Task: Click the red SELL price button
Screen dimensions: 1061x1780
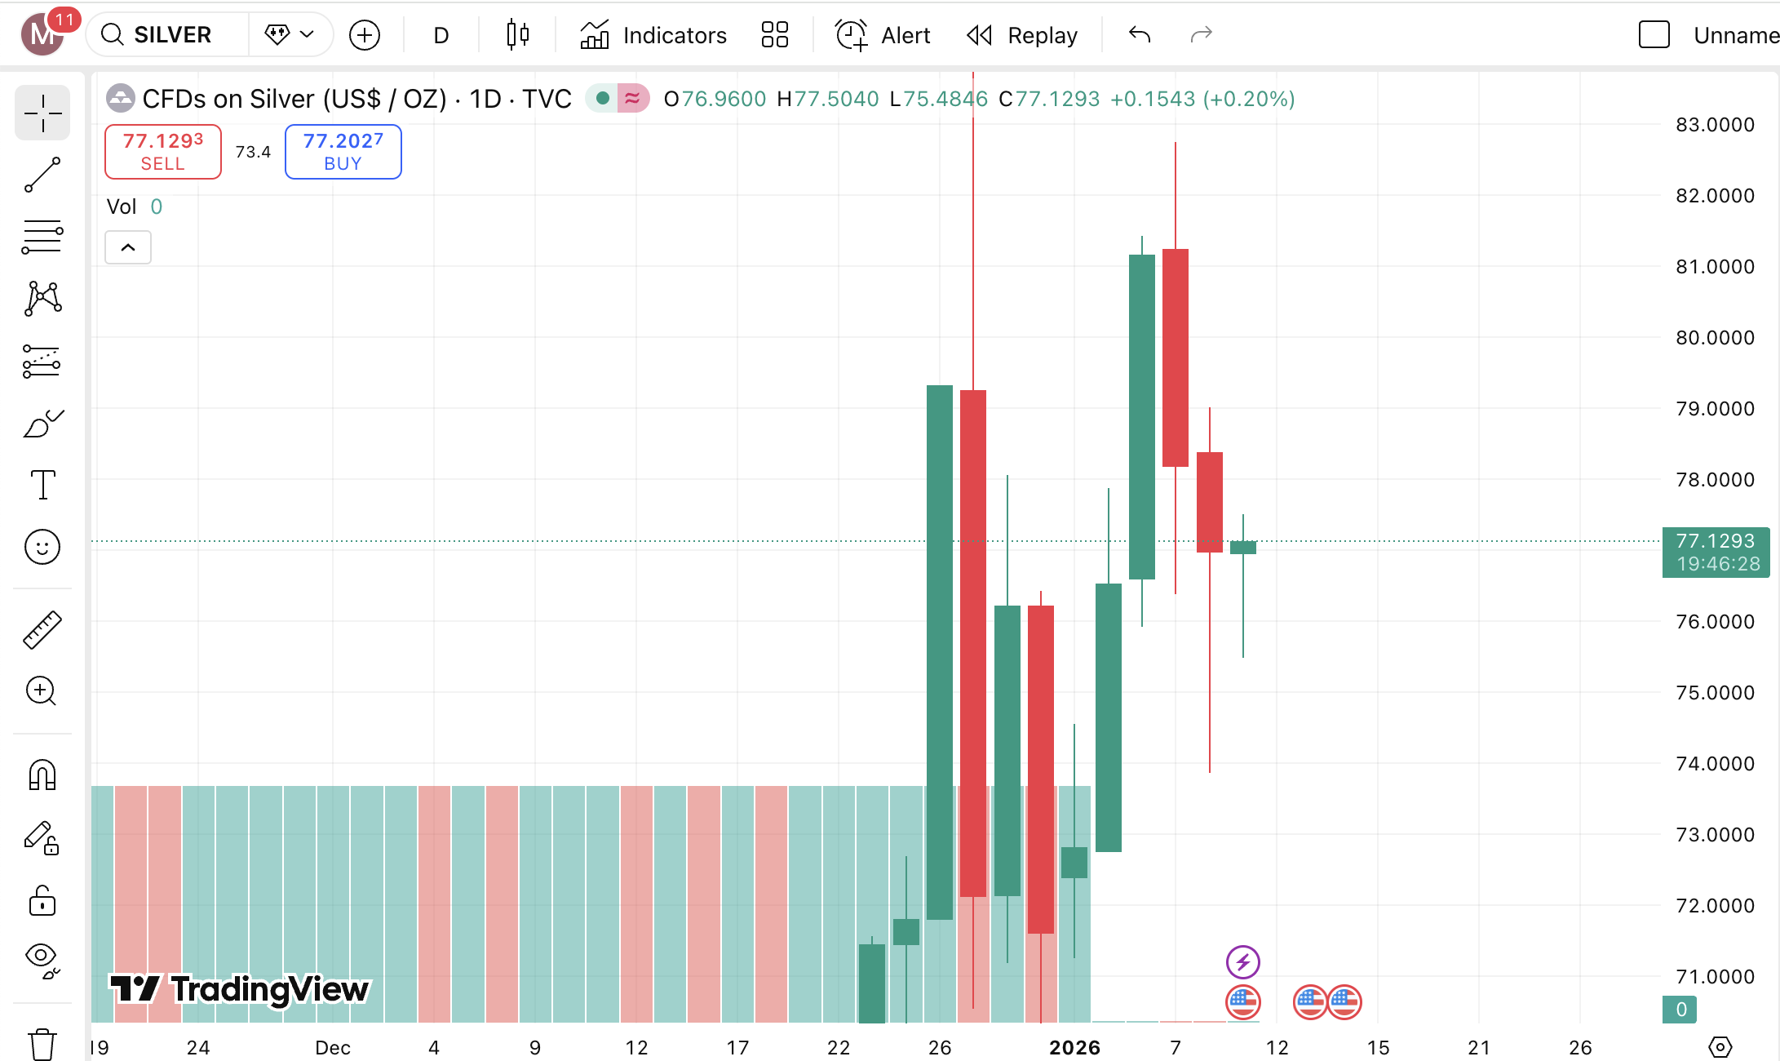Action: point(162,152)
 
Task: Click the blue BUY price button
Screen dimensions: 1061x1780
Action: point(343,152)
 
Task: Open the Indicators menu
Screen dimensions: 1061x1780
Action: point(653,35)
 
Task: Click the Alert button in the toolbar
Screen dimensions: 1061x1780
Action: point(883,35)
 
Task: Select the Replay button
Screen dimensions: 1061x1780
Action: point(1022,35)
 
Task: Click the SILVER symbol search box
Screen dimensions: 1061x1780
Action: point(171,35)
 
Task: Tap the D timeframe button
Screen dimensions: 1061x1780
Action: point(441,35)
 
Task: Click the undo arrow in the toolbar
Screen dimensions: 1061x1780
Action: point(1140,35)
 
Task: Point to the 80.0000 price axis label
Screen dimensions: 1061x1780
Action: point(1715,338)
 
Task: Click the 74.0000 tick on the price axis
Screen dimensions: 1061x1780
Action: point(1715,764)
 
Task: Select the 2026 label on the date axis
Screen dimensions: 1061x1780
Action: point(1074,1047)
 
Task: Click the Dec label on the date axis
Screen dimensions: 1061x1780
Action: point(333,1047)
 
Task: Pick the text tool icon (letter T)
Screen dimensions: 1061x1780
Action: point(42,485)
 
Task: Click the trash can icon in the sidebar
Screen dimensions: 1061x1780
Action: point(42,1044)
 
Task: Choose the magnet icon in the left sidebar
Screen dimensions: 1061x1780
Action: point(42,775)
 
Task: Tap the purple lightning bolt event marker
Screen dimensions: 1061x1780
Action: point(1242,961)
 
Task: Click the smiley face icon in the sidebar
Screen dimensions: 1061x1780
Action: point(42,547)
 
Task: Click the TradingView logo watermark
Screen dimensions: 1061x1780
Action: point(240,989)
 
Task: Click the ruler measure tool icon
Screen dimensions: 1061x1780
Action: point(42,630)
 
